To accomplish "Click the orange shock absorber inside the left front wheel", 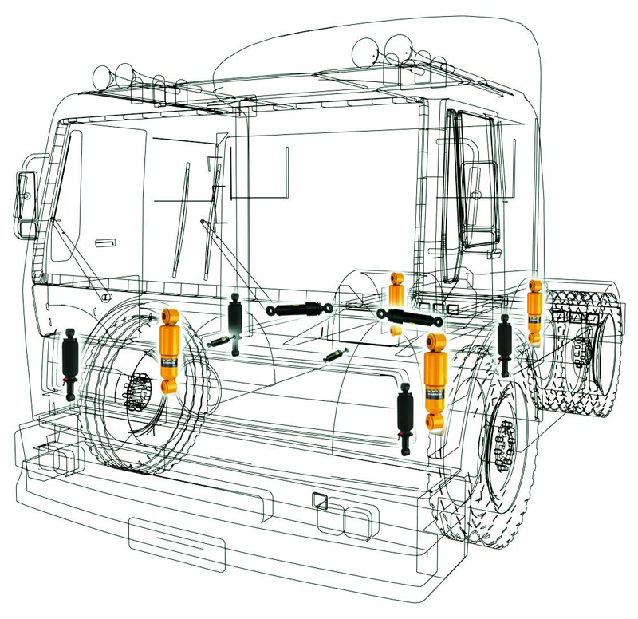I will click(x=169, y=351).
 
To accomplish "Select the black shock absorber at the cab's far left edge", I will click(x=69, y=363).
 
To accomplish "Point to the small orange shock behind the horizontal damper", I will click(x=395, y=289).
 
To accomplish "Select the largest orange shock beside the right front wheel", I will click(x=435, y=381).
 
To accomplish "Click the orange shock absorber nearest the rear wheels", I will click(x=534, y=311).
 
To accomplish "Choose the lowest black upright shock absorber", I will click(x=405, y=418).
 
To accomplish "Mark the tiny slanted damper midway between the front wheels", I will click(x=336, y=356).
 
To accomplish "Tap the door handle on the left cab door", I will click(x=104, y=240).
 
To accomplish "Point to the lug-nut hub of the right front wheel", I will click(x=504, y=447).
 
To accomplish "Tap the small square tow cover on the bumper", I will click(x=320, y=500).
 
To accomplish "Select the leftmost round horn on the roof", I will click(x=104, y=78).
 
